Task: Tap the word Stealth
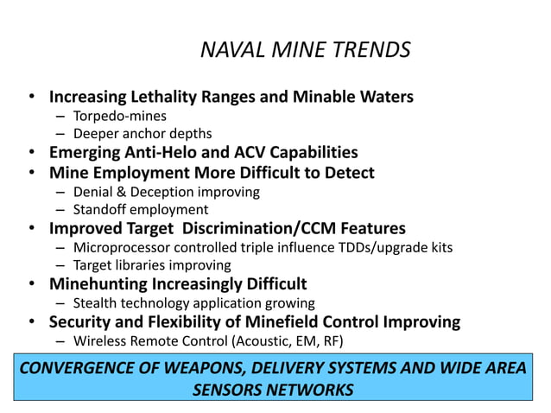click(96, 303)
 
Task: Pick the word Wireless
click(100, 340)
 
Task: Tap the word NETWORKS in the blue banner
click(311, 390)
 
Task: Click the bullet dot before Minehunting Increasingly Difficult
click(31, 284)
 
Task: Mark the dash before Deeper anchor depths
click(60, 134)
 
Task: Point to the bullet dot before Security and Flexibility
click(31, 322)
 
